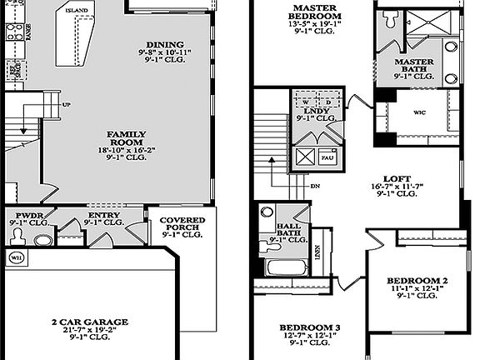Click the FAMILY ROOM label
[127, 134]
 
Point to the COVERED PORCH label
[177, 225]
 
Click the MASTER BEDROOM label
[316, 11]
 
